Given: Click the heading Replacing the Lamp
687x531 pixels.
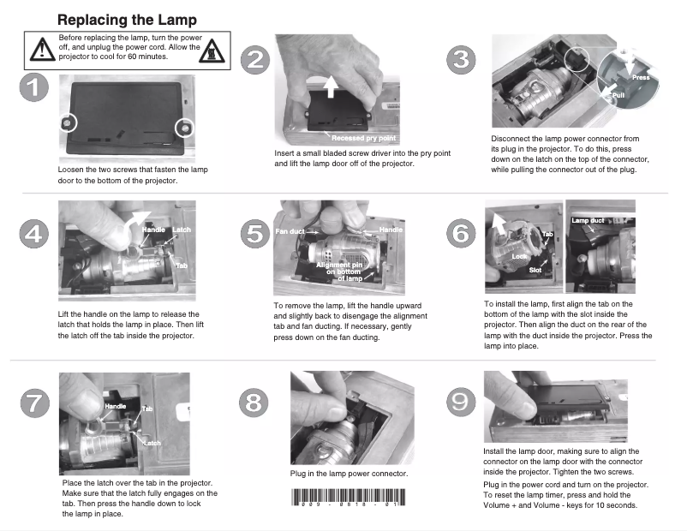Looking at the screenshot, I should (x=126, y=19).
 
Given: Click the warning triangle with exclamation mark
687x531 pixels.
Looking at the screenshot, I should (x=40, y=50).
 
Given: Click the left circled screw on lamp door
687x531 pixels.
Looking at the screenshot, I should (x=65, y=123).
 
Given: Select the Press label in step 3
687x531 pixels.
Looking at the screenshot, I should (x=641, y=78).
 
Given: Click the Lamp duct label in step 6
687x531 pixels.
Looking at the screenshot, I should (x=588, y=221).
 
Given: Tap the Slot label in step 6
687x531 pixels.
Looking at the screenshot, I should (x=535, y=270).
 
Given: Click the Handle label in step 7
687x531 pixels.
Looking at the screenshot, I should (x=115, y=405).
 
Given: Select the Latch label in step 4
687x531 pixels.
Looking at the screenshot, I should (x=182, y=230).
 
